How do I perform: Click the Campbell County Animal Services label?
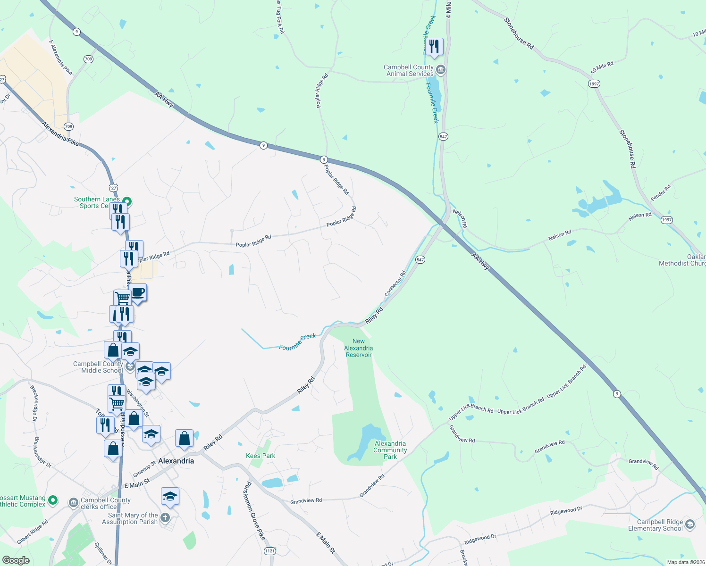click(408, 71)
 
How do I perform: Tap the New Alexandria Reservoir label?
click(359, 348)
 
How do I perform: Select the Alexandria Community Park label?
click(390, 450)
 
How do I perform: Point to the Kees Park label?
click(261, 456)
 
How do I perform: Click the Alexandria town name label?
click(176, 461)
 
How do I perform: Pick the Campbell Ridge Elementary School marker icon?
click(689, 524)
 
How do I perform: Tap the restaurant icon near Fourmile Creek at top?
click(434, 47)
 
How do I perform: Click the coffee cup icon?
click(138, 292)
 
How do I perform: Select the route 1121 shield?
click(269, 551)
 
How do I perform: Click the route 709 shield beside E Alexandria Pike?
click(88, 59)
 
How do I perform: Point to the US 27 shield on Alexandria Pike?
click(113, 188)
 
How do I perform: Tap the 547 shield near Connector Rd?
click(420, 260)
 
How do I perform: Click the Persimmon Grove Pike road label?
click(254, 511)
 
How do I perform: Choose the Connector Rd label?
click(395, 283)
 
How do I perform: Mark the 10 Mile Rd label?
click(602, 67)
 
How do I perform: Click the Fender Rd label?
click(661, 193)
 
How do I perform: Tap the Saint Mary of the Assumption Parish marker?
click(165, 518)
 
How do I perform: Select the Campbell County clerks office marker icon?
click(73, 503)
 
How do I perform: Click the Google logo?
click(16, 560)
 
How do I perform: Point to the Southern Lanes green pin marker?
click(126, 202)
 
